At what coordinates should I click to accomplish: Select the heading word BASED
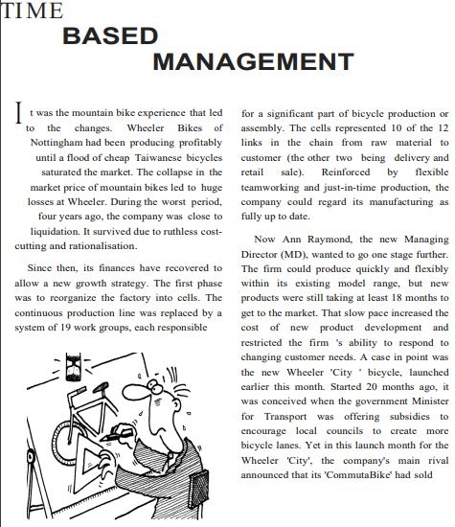tap(110, 37)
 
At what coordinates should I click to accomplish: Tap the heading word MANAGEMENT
tap(239, 62)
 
